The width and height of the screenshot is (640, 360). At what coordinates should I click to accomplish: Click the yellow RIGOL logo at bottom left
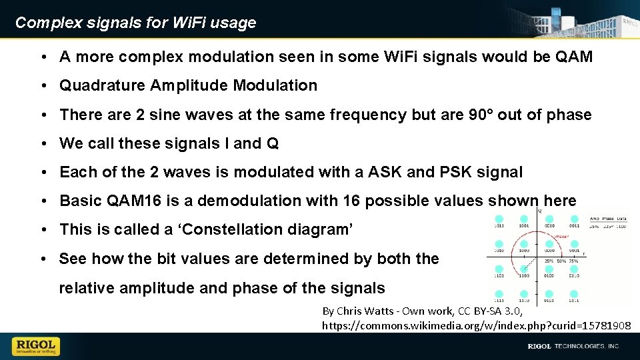[x=35, y=346]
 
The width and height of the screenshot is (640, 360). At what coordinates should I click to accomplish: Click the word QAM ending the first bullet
[x=573, y=57]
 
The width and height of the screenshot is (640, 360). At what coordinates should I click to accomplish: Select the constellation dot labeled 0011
[x=574, y=219]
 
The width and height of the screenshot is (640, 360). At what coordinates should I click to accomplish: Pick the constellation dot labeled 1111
[x=499, y=294]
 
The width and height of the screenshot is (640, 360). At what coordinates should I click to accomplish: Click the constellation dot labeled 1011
[x=499, y=219]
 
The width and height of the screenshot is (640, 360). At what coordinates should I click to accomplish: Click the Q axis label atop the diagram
[x=539, y=211]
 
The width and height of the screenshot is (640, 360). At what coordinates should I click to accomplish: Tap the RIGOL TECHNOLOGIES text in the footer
[x=573, y=346]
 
